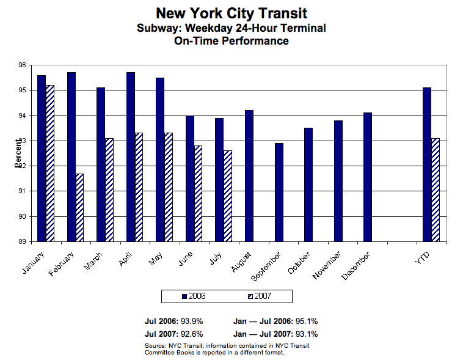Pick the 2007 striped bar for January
click(x=50, y=163)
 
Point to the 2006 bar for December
click(x=367, y=177)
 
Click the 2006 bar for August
click(x=249, y=175)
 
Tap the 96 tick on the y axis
click(x=23, y=65)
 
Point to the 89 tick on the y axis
click(x=23, y=242)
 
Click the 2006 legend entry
click(x=194, y=296)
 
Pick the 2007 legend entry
click(x=259, y=296)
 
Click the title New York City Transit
click(x=231, y=13)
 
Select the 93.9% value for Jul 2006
click(x=190, y=321)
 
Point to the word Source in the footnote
click(x=156, y=346)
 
